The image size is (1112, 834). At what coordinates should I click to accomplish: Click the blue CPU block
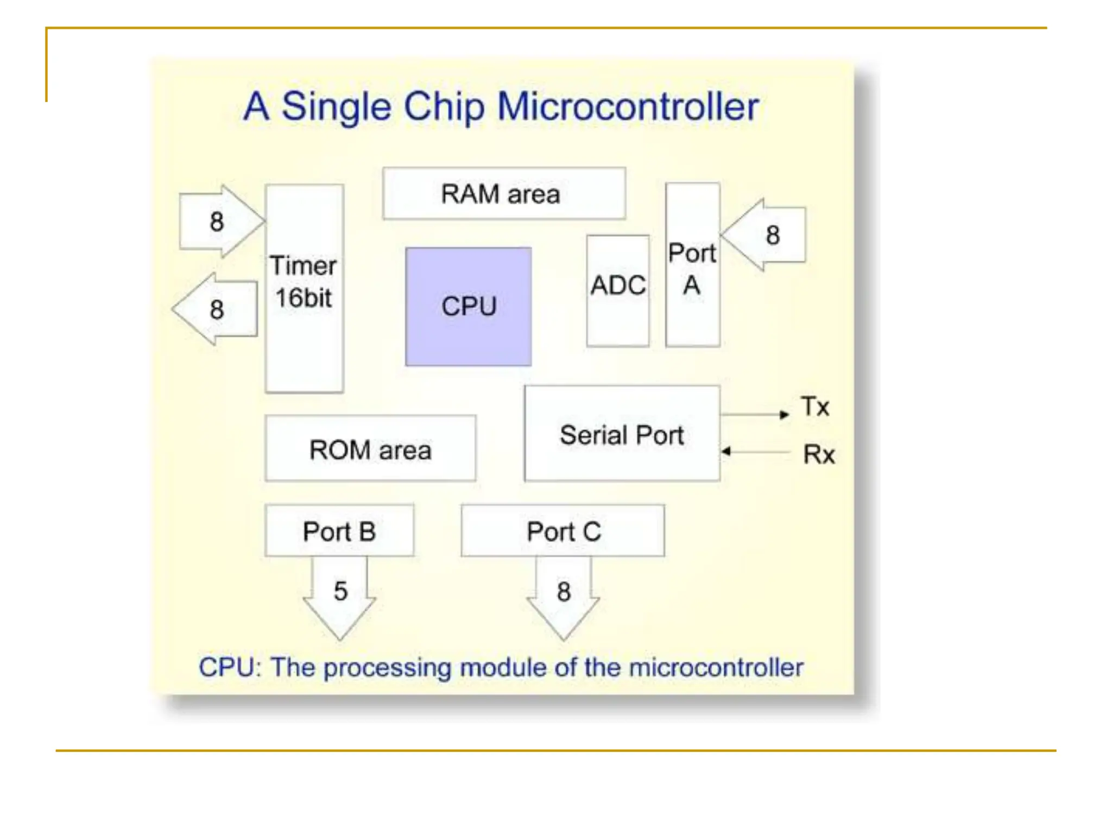coord(468,306)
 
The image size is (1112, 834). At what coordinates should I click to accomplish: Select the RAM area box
coord(504,193)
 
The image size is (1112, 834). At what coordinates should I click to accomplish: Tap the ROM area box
coord(370,448)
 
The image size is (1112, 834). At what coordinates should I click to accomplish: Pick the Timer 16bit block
coord(304,288)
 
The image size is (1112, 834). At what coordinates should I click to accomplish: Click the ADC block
coord(618,290)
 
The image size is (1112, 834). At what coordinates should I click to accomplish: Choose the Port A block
coord(693,264)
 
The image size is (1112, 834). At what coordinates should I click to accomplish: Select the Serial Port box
coord(622,433)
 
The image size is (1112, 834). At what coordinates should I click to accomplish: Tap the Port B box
coord(339,530)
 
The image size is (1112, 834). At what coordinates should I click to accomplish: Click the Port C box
coord(563,530)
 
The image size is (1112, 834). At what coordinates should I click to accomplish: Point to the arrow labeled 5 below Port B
coord(340,597)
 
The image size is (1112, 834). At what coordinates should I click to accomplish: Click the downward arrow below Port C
coord(563,597)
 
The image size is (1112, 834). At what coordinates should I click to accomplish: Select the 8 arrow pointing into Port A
coord(763,235)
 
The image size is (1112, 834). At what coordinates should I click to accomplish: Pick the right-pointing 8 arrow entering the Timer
coord(222,221)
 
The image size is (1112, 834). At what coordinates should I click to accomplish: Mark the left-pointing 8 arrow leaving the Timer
coord(214,309)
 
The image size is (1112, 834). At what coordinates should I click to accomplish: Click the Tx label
coord(815,406)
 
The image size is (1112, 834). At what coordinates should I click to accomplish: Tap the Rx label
coord(819,454)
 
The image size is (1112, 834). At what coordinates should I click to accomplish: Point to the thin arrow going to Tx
coord(755,414)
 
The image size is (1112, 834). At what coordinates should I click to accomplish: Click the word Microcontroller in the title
coord(628,106)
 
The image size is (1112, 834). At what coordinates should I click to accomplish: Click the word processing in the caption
coord(387,668)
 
